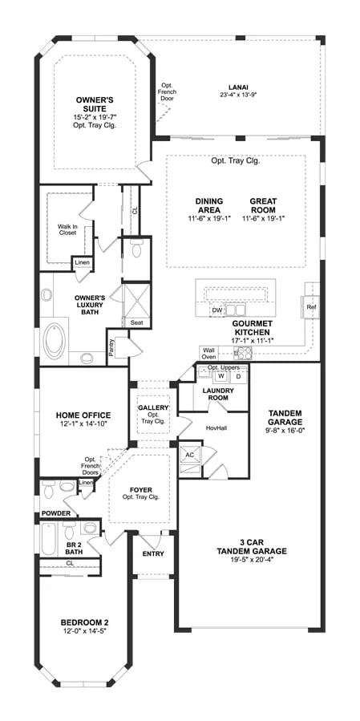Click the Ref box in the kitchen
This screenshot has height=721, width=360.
coord(311,306)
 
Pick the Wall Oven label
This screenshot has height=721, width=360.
coord(208,354)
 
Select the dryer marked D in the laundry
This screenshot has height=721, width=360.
coord(237,375)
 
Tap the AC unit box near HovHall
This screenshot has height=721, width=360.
coord(190,454)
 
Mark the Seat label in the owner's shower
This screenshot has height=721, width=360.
coord(137,322)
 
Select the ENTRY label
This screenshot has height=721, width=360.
coord(152,553)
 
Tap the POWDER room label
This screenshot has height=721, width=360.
coord(57,513)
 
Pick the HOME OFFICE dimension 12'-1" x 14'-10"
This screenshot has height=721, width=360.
coord(83,424)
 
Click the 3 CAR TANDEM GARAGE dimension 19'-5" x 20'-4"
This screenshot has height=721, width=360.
coord(251,561)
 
